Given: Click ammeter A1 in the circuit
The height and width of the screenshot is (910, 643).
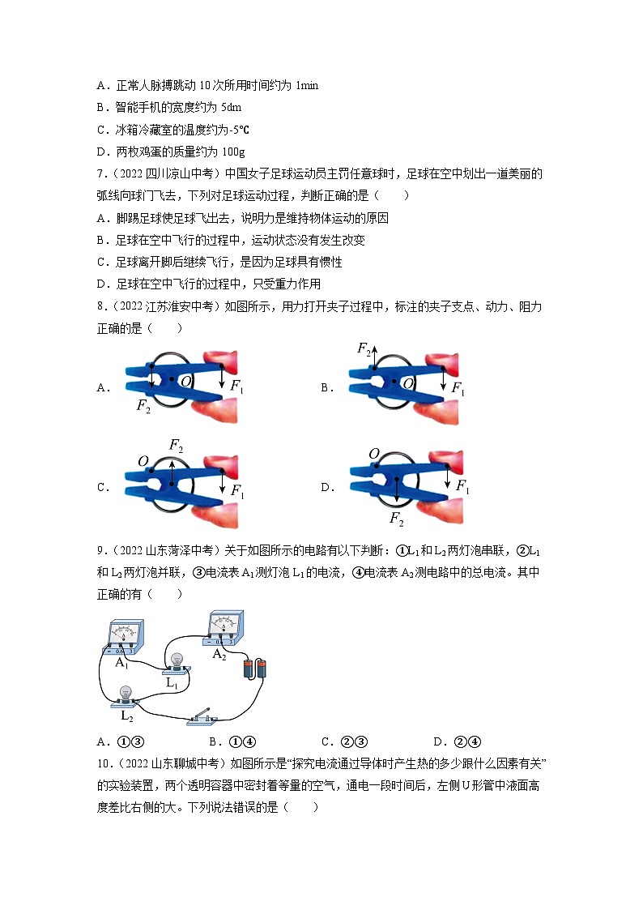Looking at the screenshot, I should (x=122, y=636).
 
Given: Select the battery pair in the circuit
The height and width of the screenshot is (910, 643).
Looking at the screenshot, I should (x=255, y=669).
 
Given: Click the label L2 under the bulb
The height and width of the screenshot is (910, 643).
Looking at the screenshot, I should (x=126, y=716).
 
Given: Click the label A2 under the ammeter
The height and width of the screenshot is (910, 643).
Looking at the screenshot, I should (x=219, y=655).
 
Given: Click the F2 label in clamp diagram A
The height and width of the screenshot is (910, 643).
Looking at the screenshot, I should (x=143, y=407).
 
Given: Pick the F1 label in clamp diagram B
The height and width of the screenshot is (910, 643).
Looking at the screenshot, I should (x=459, y=390).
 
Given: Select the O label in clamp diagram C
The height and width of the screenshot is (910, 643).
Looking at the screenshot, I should (x=143, y=461).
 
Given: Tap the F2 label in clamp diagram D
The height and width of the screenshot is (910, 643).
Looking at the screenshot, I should (x=396, y=518).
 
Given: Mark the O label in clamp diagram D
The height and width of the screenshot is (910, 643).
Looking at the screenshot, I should (x=374, y=454).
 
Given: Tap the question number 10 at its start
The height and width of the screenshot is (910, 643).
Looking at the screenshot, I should (x=103, y=763).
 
